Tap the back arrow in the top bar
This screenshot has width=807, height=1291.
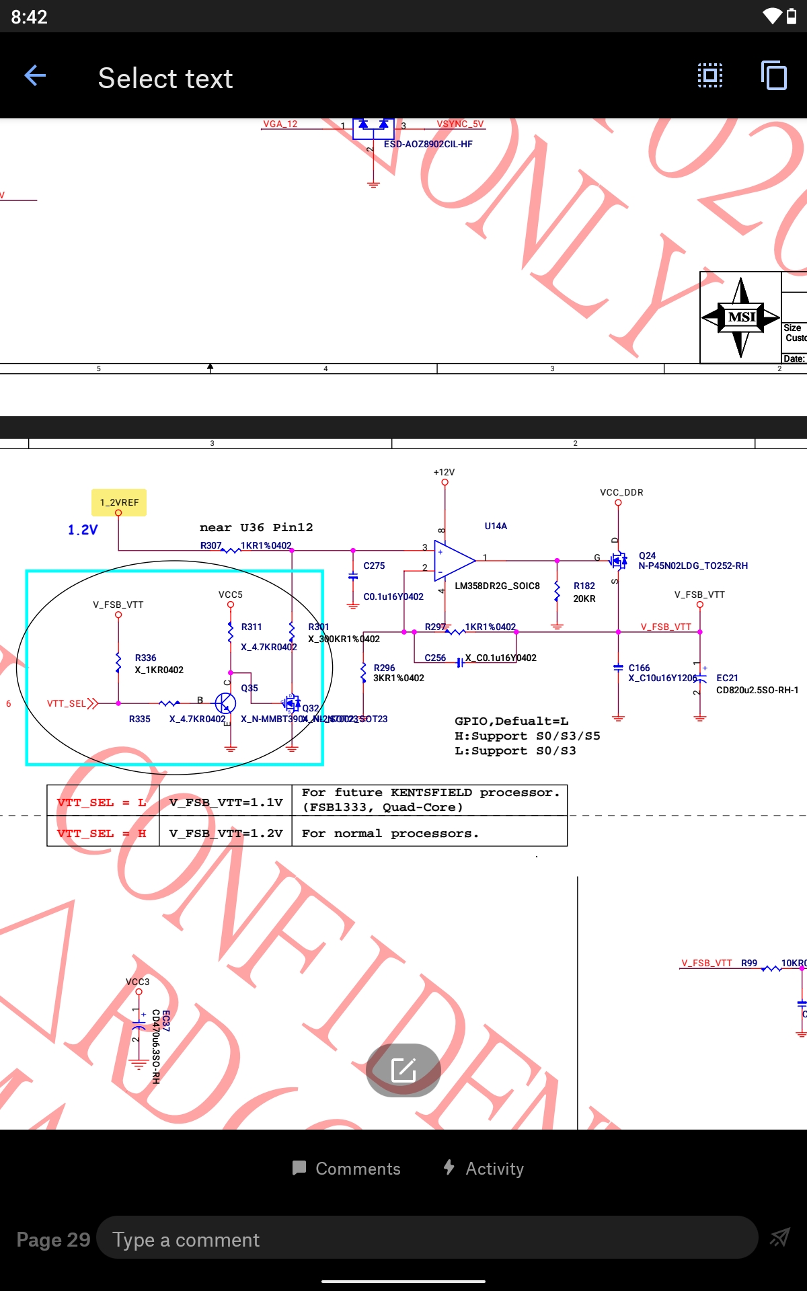(x=35, y=76)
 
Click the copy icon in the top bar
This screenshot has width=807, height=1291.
(x=773, y=75)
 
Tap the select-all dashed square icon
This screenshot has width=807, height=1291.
(x=709, y=75)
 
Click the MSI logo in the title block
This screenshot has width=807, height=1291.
(x=740, y=317)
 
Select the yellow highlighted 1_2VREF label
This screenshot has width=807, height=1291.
(x=119, y=502)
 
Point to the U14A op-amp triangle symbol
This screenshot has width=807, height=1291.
(x=453, y=559)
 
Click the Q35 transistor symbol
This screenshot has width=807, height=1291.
(x=226, y=703)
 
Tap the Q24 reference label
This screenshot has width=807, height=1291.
(x=647, y=555)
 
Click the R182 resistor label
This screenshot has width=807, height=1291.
(x=584, y=586)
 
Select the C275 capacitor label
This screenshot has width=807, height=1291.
(x=374, y=565)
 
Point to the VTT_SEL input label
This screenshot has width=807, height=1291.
(x=67, y=703)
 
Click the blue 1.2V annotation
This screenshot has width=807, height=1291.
(x=83, y=530)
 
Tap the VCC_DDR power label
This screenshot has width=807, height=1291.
(x=621, y=492)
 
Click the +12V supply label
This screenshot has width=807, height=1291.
(x=444, y=472)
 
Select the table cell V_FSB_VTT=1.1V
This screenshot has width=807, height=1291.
(x=226, y=802)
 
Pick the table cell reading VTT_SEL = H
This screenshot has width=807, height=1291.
(x=102, y=833)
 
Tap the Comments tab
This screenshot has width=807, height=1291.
(x=347, y=1169)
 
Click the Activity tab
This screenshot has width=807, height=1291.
(x=484, y=1169)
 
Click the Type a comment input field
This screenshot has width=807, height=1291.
(x=427, y=1239)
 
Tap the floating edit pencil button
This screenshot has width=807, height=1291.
(x=403, y=1069)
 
